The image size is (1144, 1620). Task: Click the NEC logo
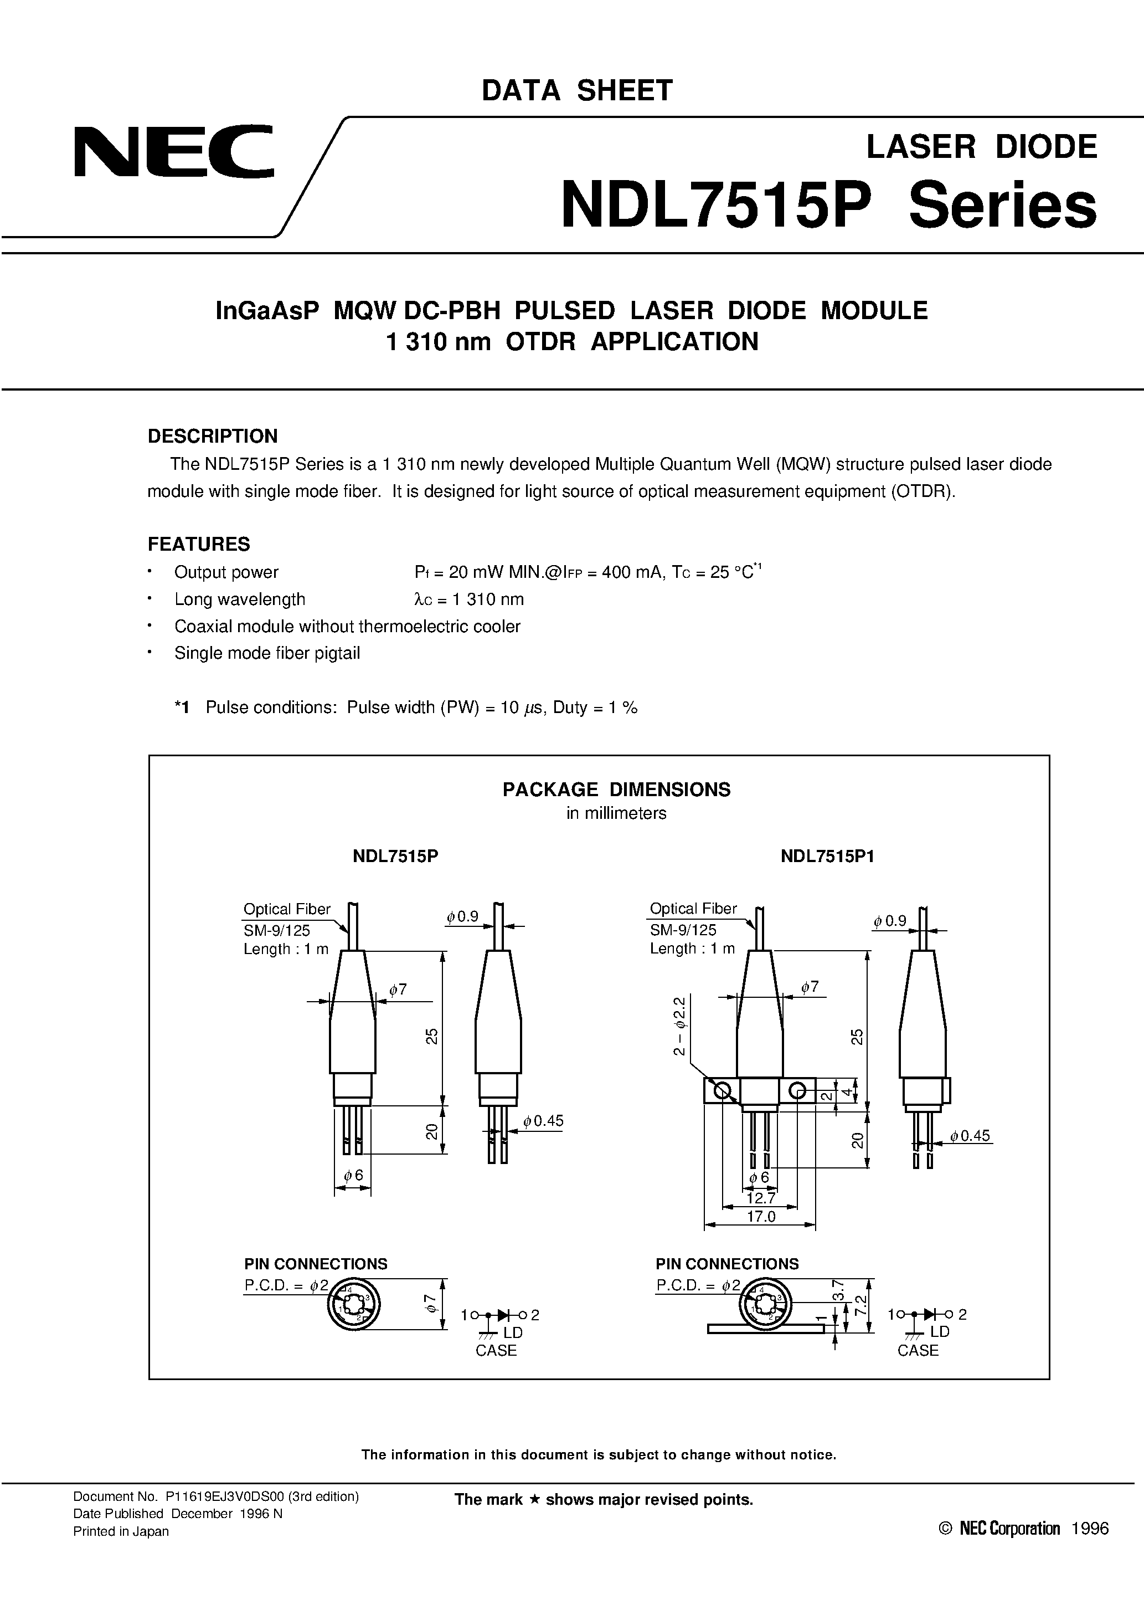click(173, 152)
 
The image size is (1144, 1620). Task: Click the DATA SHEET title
click(576, 91)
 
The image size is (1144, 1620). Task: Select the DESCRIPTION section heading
click(212, 436)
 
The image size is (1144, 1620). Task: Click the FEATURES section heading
click(198, 544)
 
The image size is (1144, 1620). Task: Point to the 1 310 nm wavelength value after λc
click(487, 599)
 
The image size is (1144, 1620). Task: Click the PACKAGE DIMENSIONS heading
click(616, 790)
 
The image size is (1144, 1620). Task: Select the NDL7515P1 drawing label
click(827, 856)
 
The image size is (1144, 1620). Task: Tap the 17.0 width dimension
click(761, 1217)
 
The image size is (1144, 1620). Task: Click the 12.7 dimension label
click(760, 1198)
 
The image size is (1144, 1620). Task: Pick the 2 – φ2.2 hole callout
click(679, 1027)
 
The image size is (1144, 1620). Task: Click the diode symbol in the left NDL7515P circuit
click(503, 1315)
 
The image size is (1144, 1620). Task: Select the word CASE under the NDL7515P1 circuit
click(918, 1351)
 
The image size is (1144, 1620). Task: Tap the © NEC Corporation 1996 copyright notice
click(1023, 1528)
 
